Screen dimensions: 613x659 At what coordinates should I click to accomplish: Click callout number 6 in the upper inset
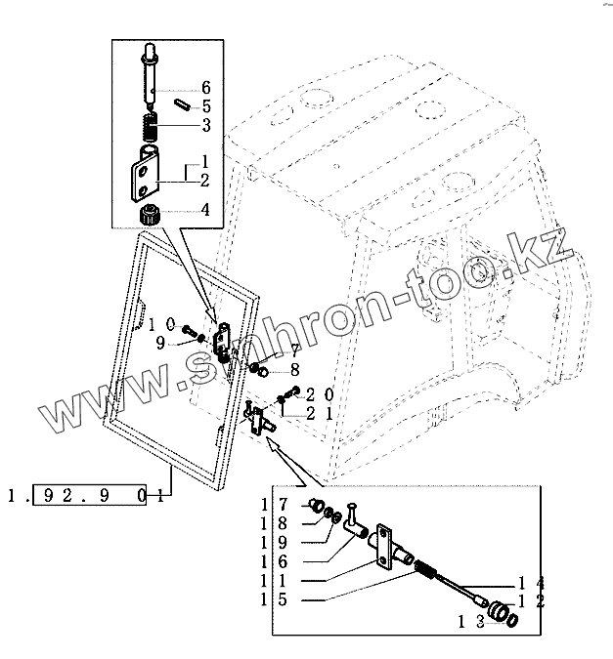point(206,88)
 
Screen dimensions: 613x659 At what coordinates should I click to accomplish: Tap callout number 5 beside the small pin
point(206,105)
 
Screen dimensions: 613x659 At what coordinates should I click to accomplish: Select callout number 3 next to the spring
point(206,124)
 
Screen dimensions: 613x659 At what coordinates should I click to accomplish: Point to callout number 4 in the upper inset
point(204,208)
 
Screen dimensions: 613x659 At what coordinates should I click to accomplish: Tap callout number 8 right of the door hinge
point(293,372)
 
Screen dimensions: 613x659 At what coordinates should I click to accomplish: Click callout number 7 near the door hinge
point(292,350)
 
